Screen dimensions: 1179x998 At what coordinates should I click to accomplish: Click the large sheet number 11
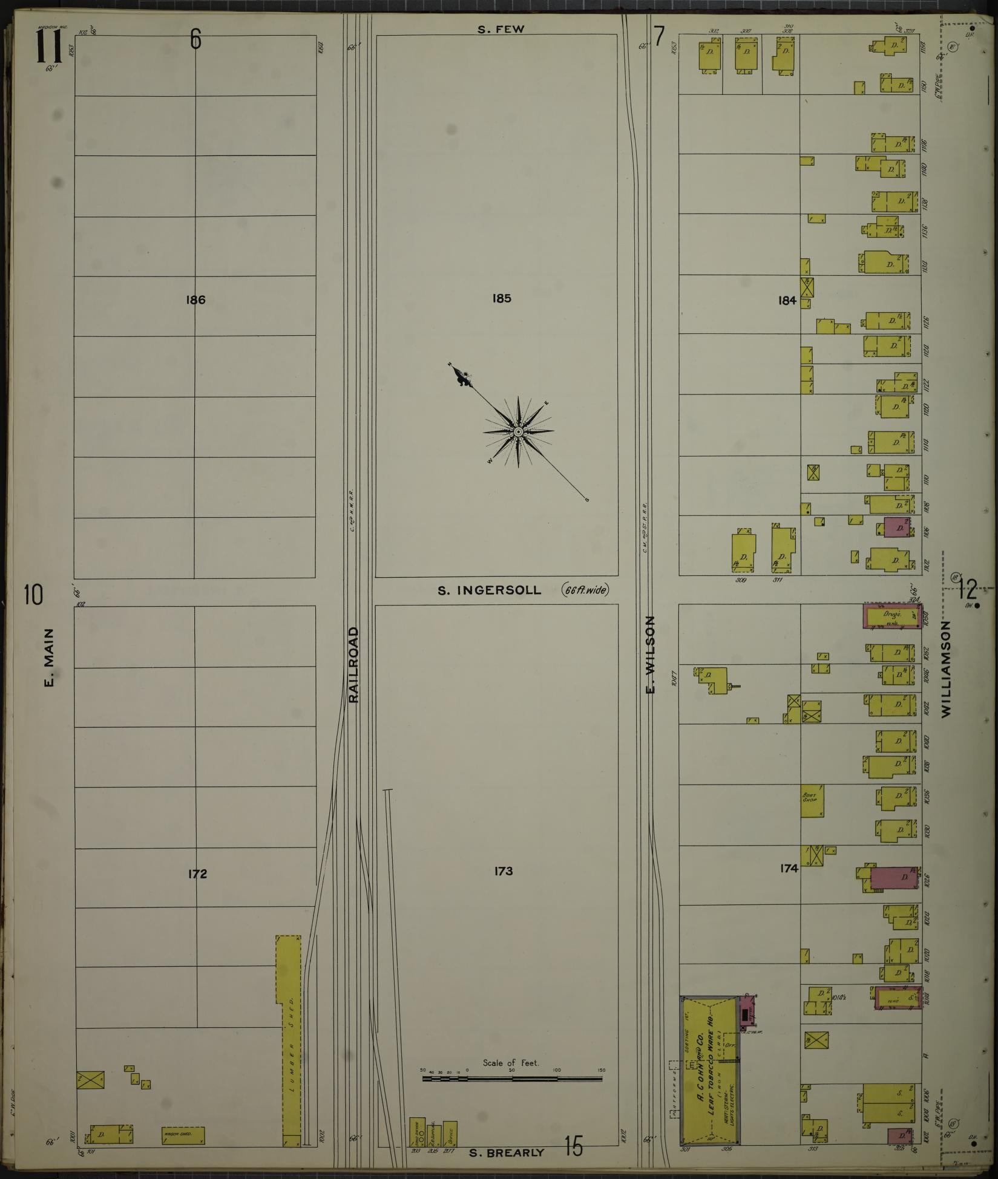(x=48, y=47)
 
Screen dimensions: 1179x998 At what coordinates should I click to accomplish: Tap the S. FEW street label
(x=501, y=29)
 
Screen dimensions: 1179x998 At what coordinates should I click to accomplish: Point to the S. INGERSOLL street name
(x=490, y=590)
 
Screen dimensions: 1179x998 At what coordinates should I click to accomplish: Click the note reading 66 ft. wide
(x=585, y=590)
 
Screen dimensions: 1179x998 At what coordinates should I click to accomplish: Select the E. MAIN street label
(x=49, y=658)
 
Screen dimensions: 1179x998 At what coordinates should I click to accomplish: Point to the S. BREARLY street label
(x=507, y=1152)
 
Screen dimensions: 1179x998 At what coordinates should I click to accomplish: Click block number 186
(x=197, y=299)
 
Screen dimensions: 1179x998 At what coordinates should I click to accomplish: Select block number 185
(x=502, y=298)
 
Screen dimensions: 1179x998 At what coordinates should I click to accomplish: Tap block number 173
(x=503, y=871)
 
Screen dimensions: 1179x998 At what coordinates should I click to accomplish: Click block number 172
(x=197, y=874)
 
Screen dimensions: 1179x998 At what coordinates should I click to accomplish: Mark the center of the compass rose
(x=518, y=432)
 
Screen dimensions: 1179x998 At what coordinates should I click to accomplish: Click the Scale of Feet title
(x=511, y=1062)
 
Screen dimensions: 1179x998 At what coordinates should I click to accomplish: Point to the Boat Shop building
(x=812, y=800)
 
